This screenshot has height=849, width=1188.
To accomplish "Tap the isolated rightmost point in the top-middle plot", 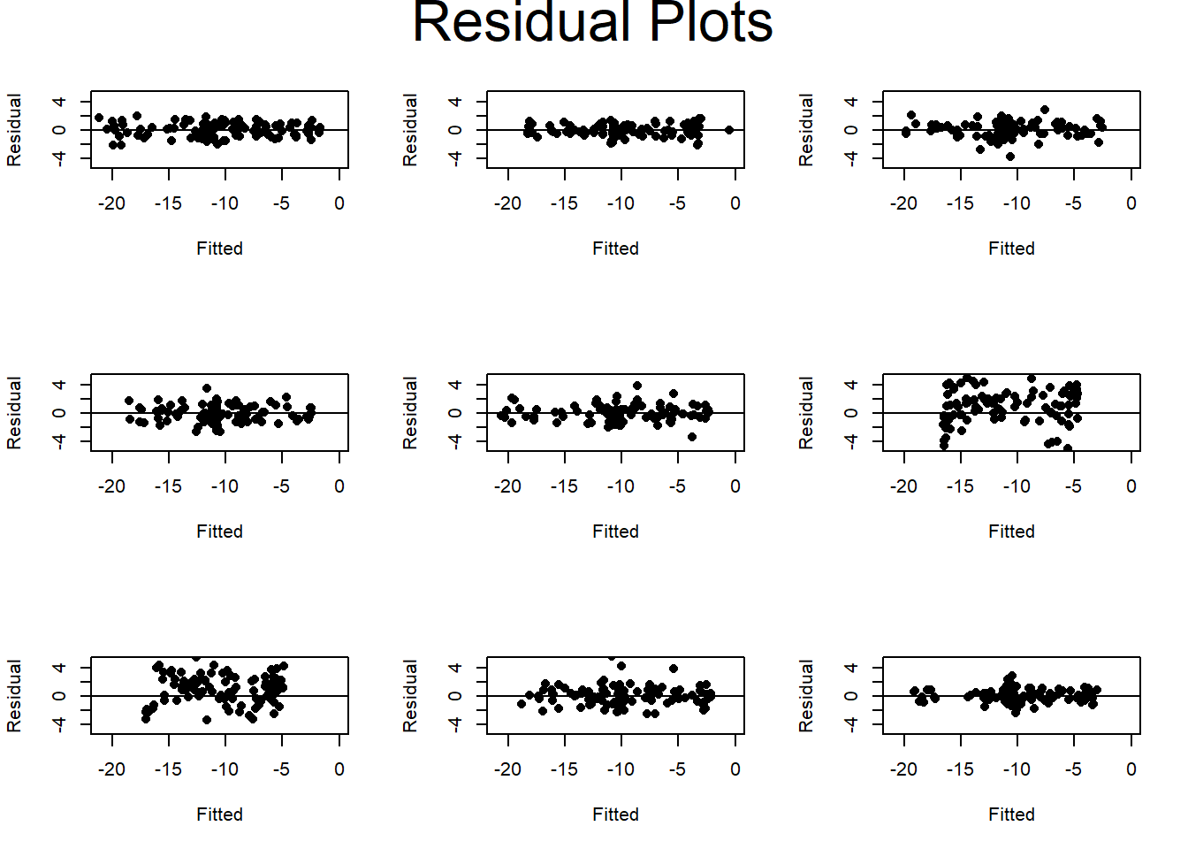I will pyautogui.click(x=729, y=130).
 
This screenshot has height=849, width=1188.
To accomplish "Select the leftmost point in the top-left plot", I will pyautogui.click(x=99, y=118).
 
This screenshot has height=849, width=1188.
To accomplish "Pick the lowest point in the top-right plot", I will pyautogui.click(x=1010, y=157).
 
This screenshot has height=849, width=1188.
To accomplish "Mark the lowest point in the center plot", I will pyautogui.click(x=692, y=437).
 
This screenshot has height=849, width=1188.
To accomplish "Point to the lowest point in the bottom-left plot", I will pyautogui.click(x=207, y=720).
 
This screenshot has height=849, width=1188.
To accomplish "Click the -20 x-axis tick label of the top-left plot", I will pyautogui.click(x=111, y=203).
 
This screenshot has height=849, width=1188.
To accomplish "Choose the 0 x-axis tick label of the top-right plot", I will pyautogui.click(x=1131, y=203).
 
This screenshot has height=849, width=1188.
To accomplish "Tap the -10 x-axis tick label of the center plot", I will pyautogui.click(x=621, y=486).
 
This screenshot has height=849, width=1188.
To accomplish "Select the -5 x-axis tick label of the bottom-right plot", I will pyautogui.click(x=1073, y=769).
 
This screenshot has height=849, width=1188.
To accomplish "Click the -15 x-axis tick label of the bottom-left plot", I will pyautogui.click(x=168, y=769).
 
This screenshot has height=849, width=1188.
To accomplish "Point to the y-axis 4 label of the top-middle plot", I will pyautogui.click(x=455, y=103).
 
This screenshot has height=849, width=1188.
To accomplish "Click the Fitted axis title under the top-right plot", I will pyautogui.click(x=1011, y=249).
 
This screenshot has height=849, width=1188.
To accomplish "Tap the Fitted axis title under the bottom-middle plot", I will pyautogui.click(x=615, y=815).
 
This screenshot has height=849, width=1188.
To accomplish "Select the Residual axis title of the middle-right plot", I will pyautogui.click(x=806, y=413).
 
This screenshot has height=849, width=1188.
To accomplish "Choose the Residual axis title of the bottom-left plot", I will pyautogui.click(x=14, y=696).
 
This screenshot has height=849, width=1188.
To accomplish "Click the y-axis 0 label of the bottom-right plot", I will pyautogui.click(x=851, y=696).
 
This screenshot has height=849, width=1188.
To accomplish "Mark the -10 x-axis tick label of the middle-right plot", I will pyautogui.click(x=1017, y=486).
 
